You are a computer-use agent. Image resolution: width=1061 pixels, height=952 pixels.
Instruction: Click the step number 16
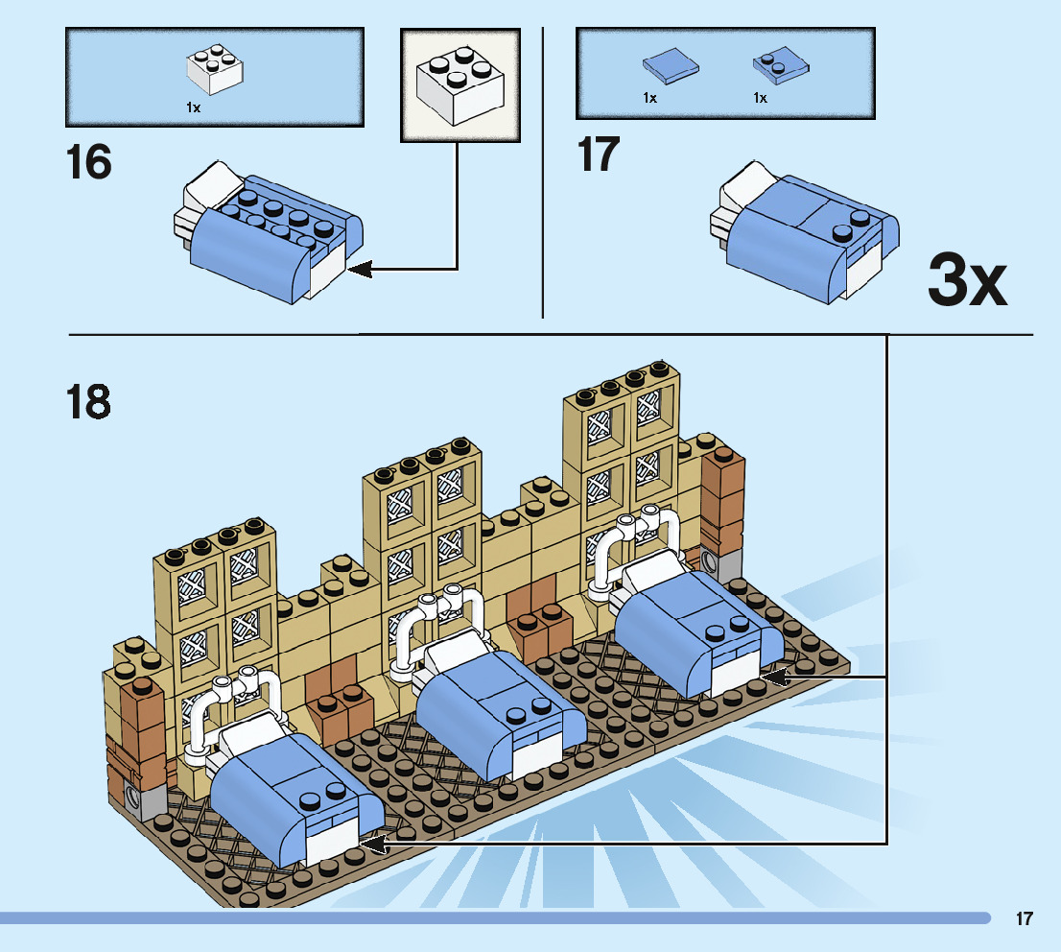tap(88, 162)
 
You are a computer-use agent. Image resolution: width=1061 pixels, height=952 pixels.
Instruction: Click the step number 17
tap(599, 155)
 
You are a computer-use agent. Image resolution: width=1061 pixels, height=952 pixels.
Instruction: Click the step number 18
tap(88, 402)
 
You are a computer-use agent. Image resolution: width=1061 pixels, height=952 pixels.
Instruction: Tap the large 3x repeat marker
tap(967, 279)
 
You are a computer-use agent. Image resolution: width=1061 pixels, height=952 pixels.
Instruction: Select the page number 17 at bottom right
tap(1025, 919)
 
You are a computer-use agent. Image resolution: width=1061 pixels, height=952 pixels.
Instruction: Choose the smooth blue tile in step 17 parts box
tap(670, 67)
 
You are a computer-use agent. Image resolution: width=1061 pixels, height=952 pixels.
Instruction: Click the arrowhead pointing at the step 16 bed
tap(359, 270)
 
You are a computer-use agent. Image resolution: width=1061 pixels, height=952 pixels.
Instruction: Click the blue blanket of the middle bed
tap(489, 710)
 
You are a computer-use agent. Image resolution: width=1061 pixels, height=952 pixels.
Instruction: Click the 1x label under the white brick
tap(193, 108)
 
